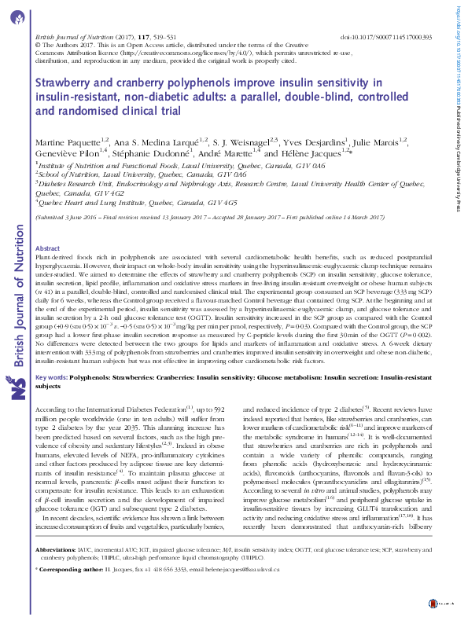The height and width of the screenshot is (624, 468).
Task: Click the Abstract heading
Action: [48, 248]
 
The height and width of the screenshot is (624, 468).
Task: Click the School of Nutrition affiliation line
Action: [102, 176]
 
